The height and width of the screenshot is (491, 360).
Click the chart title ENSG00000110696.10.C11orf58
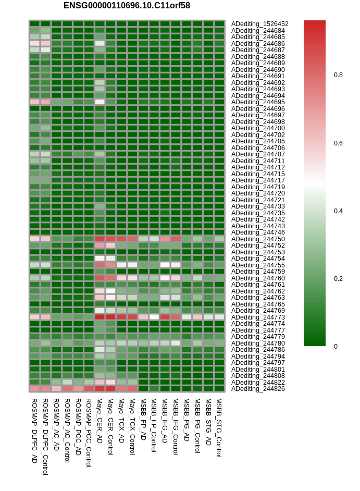coord(127,6)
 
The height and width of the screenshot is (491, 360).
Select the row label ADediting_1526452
coord(260,24)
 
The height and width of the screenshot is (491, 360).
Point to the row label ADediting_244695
coord(258,102)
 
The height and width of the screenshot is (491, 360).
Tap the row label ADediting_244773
coord(258,317)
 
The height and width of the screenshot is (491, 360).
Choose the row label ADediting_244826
coord(258,389)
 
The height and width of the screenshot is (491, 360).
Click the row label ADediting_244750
coord(258,239)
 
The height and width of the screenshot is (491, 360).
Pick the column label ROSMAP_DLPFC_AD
coord(35,431)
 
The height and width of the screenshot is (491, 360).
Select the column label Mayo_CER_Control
coord(110,426)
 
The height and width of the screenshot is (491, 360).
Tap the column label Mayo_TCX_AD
coord(121,421)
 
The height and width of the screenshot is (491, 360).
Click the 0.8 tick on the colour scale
coord(338,75)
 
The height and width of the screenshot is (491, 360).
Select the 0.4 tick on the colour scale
coord(338,211)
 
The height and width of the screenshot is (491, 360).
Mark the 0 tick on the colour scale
coord(336,346)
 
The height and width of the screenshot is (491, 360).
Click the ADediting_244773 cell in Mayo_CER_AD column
coord(100,317)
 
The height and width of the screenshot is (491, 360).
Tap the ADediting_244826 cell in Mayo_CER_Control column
coord(110,389)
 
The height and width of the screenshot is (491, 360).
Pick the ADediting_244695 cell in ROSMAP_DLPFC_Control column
coord(45,102)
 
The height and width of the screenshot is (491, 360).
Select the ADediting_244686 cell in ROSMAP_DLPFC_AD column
coord(35,43)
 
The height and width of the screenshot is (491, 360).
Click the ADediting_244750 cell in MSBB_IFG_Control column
coord(176,239)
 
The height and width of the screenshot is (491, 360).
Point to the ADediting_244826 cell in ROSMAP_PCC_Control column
coord(89,389)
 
